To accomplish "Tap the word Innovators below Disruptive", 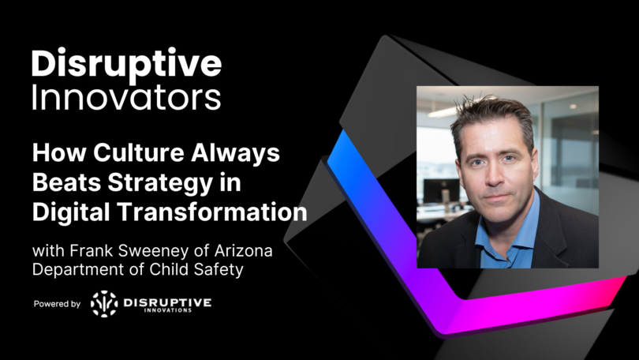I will [126, 98].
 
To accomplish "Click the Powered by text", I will [57, 304].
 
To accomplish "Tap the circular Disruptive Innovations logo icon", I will [104, 303].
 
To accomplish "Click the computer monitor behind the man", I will [437, 190].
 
